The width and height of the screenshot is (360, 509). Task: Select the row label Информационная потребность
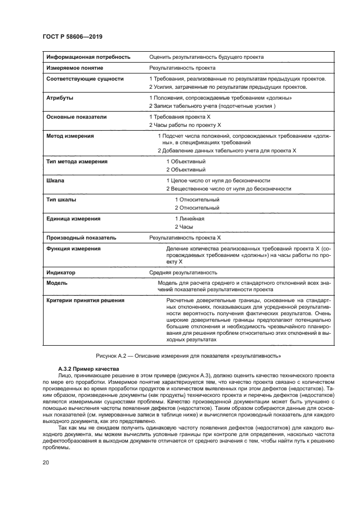[x=88, y=57]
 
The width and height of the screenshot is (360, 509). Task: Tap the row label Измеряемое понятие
[x=75, y=68]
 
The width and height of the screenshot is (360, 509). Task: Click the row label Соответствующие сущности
[x=85, y=79]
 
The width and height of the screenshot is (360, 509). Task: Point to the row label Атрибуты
[x=60, y=98]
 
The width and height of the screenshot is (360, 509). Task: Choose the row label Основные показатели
[x=76, y=116]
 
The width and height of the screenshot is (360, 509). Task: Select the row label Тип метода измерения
[x=77, y=162]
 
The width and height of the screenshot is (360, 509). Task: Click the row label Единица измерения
[x=74, y=218]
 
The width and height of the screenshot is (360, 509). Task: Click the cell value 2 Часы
[x=184, y=226]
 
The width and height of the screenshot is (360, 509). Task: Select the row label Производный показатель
[x=81, y=238]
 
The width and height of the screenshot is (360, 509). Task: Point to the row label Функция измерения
[x=74, y=248]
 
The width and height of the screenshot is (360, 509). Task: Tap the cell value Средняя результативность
[x=183, y=272]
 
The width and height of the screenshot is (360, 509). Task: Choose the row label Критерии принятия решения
[x=85, y=300]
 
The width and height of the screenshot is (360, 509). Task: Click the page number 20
[x=46, y=463]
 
